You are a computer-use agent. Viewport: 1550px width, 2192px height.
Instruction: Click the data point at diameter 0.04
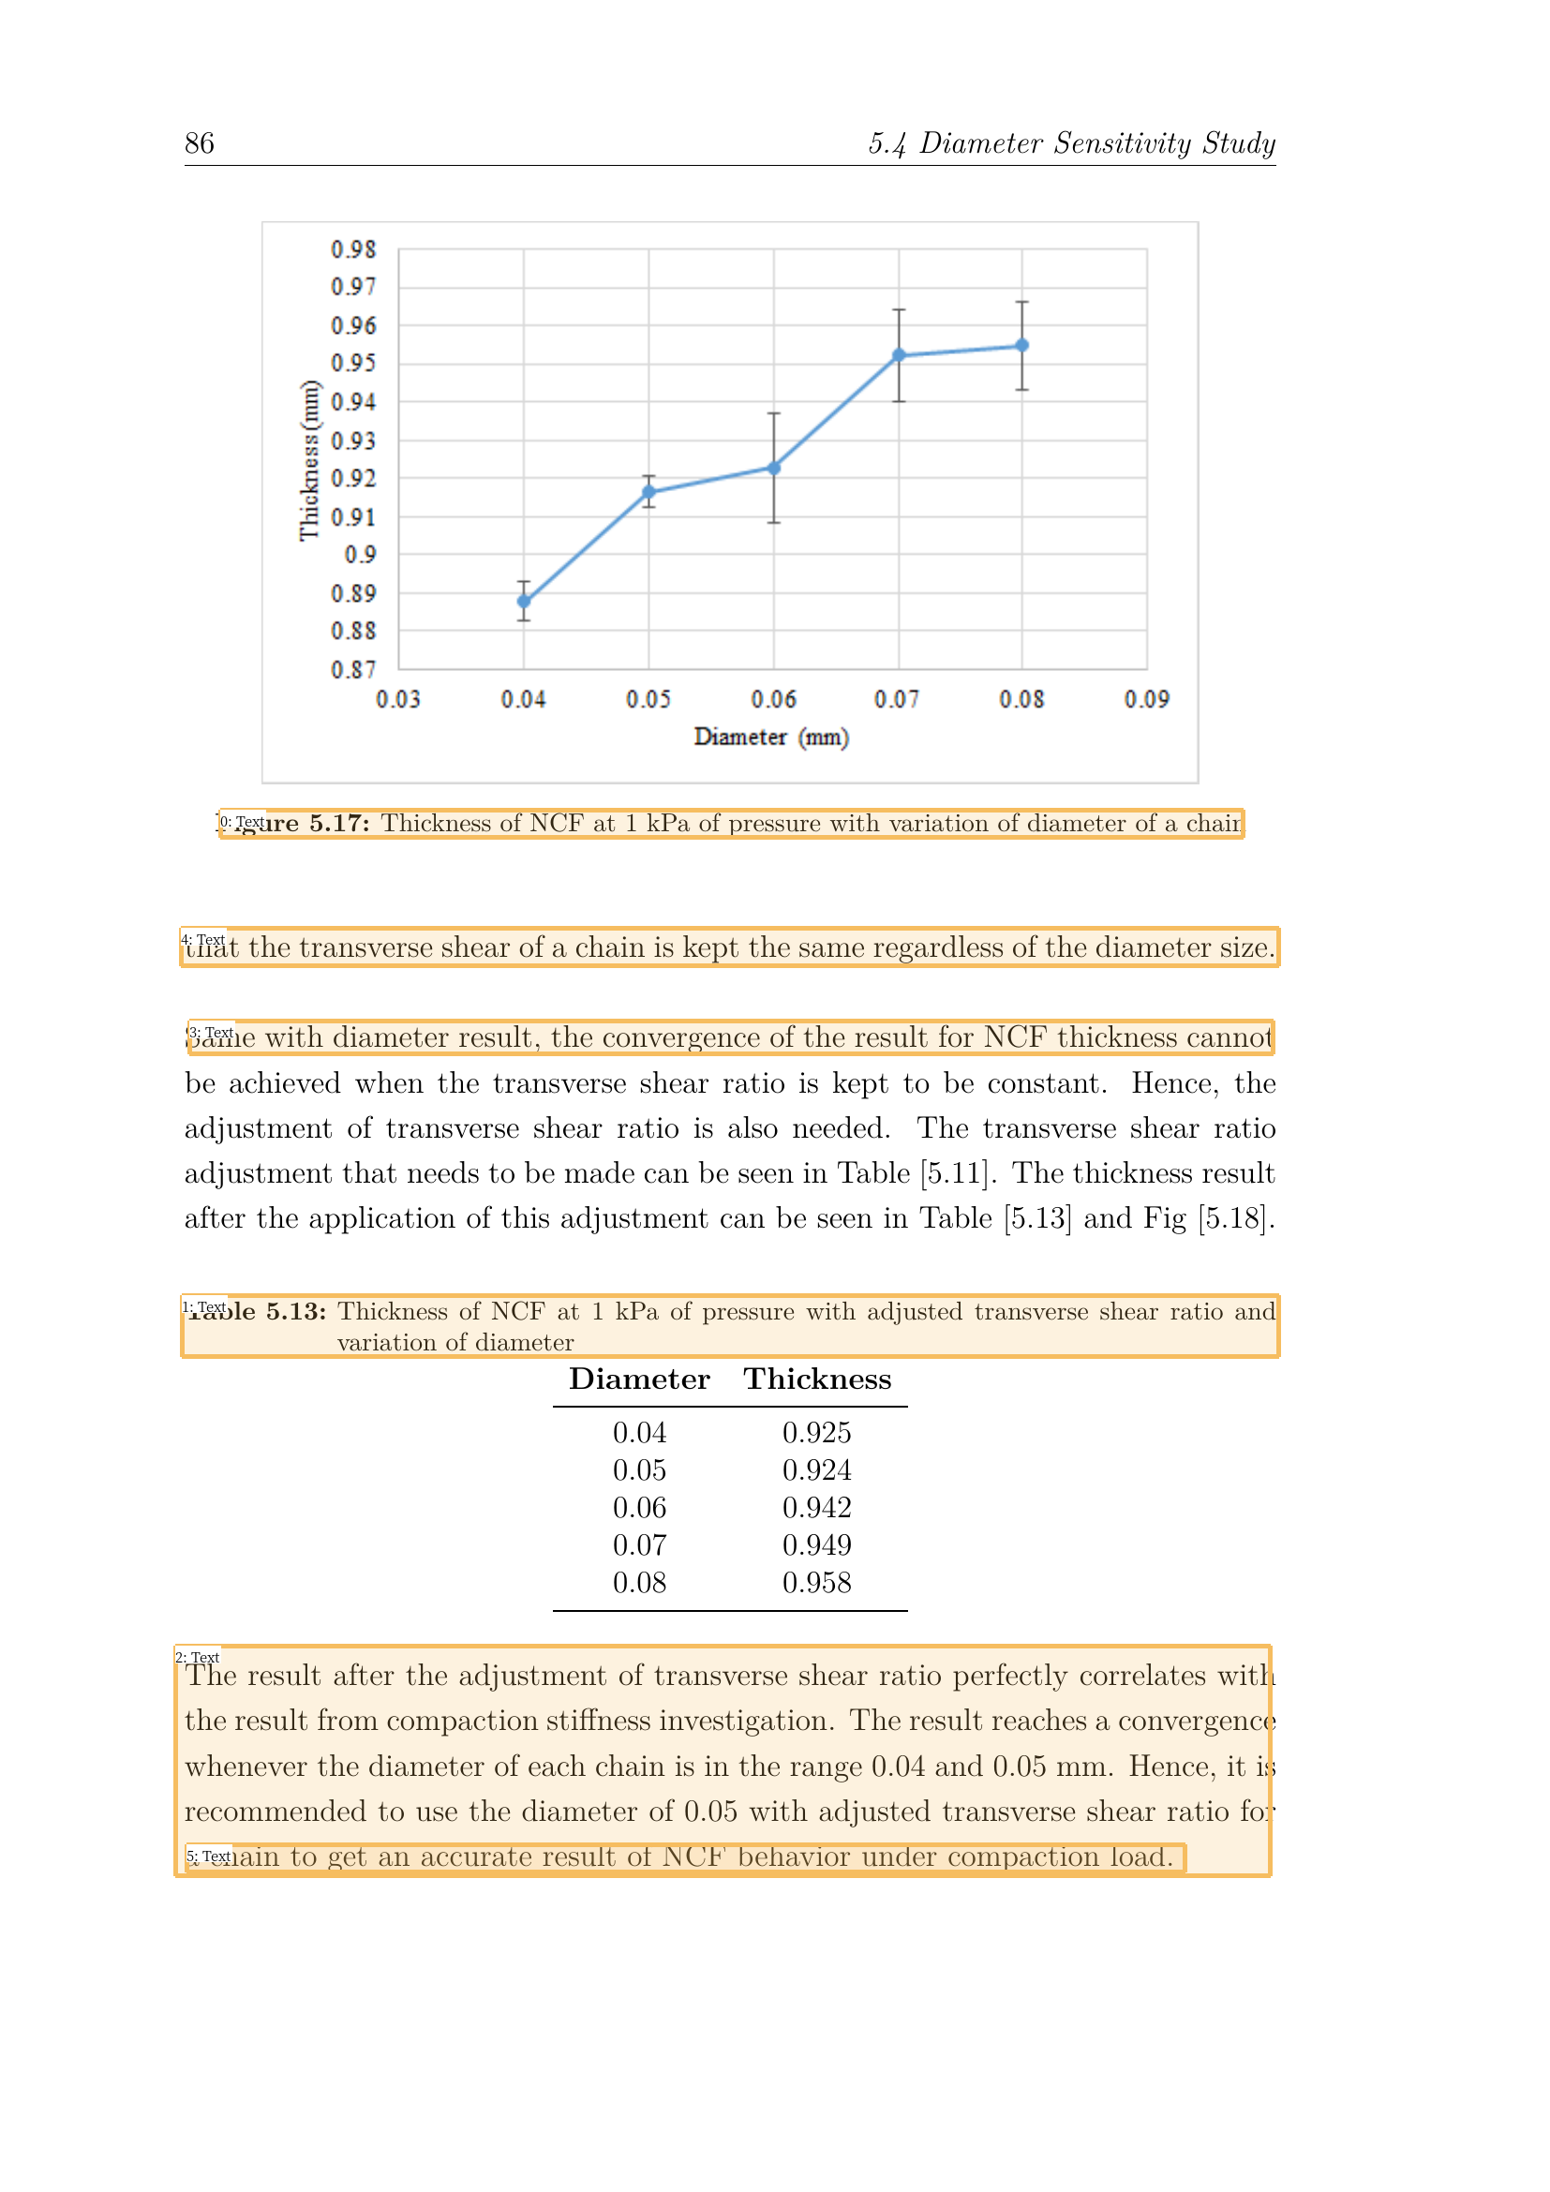point(524,602)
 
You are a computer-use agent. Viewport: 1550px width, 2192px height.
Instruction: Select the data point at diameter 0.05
point(649,493)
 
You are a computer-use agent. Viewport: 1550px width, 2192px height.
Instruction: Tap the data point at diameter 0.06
point(774,468)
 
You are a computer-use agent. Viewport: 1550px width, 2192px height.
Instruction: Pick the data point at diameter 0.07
point(899,355)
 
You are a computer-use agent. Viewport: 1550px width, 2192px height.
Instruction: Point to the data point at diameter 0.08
point(1022,346)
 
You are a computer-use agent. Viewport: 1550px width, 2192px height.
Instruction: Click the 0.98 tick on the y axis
point(354,250)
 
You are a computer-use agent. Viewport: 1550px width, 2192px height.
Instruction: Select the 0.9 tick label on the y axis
point(361,555)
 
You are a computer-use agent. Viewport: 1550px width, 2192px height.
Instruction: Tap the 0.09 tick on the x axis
point(1146,700)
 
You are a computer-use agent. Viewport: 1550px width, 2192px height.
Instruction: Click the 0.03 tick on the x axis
point(398,700)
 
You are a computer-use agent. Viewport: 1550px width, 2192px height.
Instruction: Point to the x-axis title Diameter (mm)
point(771,737)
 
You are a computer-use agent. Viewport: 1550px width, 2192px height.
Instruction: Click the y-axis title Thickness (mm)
point(309,460)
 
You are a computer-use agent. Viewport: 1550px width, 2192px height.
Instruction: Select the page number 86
point(200,143)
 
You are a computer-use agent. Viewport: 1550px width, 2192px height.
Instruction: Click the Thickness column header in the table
point(818,1379)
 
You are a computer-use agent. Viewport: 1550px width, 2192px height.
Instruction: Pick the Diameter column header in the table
point(639,1379)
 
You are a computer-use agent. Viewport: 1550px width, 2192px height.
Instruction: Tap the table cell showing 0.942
point(817,1509)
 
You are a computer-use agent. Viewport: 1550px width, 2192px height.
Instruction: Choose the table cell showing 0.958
point(817,1583)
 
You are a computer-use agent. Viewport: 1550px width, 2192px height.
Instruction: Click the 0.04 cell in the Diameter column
point(639,1433)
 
